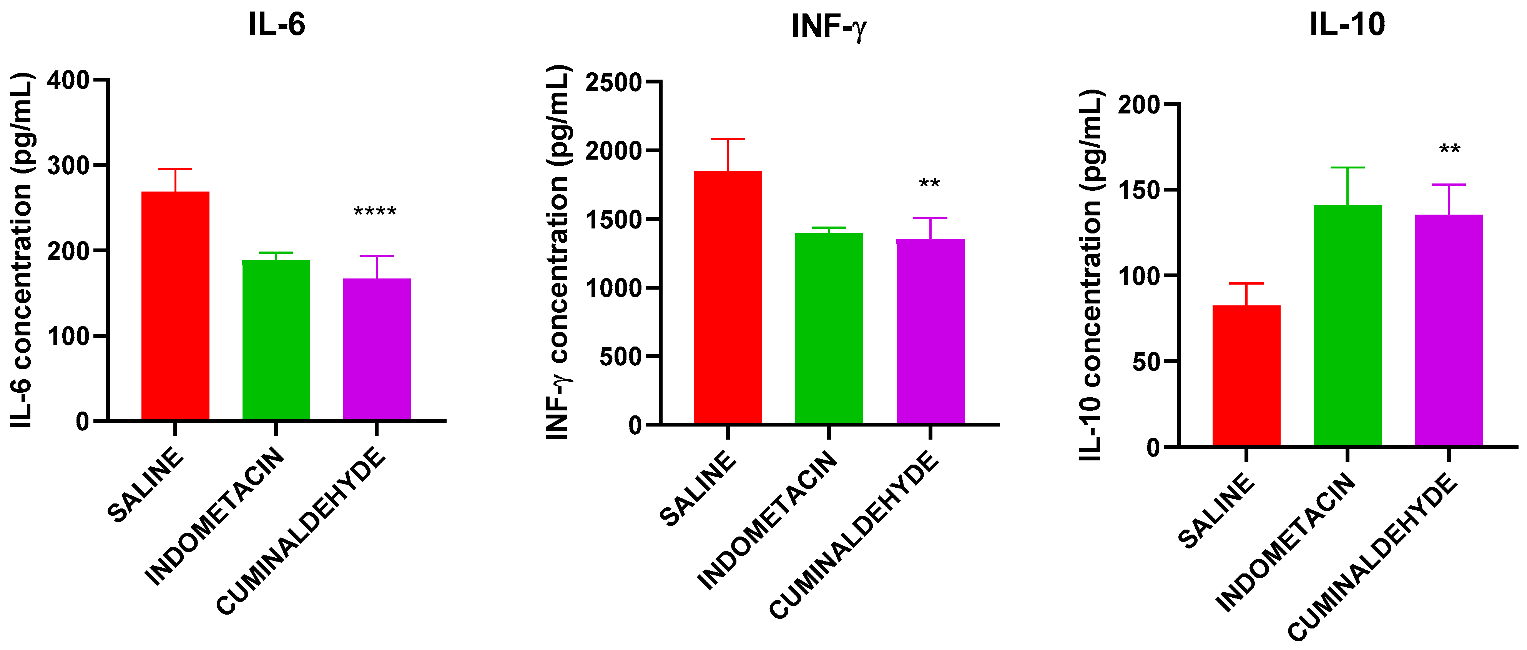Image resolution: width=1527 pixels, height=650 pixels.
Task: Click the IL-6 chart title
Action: (x=276, y=25)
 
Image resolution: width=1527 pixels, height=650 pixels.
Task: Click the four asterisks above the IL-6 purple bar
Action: (x=375, y=212)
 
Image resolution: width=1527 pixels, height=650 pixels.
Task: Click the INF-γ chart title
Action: (x=829, y=27)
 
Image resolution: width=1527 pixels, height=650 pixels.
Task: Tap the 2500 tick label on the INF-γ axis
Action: (x=613, y=82)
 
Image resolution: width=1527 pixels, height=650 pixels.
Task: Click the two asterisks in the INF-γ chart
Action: (x=929, y=184)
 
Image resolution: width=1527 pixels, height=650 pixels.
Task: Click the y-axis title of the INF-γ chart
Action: (x=558, y=252)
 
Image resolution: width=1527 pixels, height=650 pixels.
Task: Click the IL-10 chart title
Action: (x=1347, y=25)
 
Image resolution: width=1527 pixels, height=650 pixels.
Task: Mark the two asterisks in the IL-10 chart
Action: (x=1449, y=150)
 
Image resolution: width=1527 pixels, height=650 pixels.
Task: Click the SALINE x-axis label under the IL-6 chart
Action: (x=146, y=485)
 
